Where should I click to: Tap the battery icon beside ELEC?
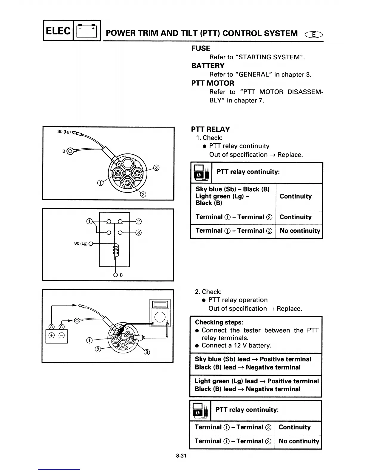coord(87,31)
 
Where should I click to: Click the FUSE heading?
coord(201,48)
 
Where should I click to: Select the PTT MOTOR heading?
coord(213,83)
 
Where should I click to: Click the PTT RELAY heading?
coord(210,129)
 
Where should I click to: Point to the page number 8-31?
coord(181,456)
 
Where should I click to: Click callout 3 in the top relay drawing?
coord(156,168)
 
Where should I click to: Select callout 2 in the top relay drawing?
coord(143,195)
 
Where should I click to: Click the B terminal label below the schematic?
coord(121,275)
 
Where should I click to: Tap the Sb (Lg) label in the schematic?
coord(81,243)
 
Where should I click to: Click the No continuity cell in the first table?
coord(299,231)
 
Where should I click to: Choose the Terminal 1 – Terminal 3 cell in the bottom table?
coord(233,427)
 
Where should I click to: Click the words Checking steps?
coord(219,322)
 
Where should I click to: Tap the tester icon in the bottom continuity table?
coord(200,410)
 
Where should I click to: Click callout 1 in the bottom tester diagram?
coord(89,341)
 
